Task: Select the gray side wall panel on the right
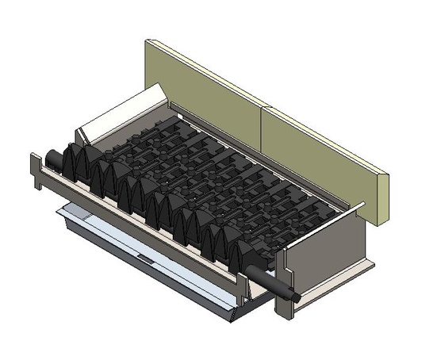click(325, 246)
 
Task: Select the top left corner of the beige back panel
click(148, 41)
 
